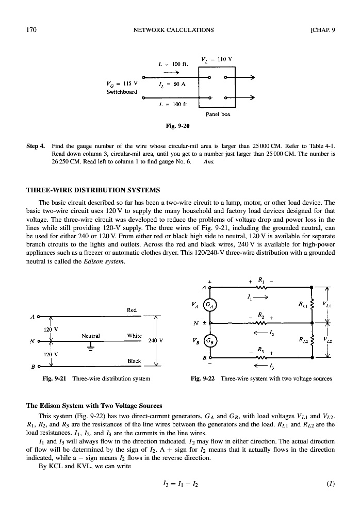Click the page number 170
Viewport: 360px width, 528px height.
(30, 29)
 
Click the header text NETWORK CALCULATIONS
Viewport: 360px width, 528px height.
(173, 29)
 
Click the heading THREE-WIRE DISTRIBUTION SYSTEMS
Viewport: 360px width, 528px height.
(93, 190)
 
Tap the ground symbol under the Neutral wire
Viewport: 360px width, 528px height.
(91, 346)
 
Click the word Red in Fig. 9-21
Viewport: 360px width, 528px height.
(132, 310)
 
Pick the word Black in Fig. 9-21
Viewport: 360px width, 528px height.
(134, 361)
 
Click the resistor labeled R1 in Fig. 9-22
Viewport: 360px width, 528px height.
(267, 288)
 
